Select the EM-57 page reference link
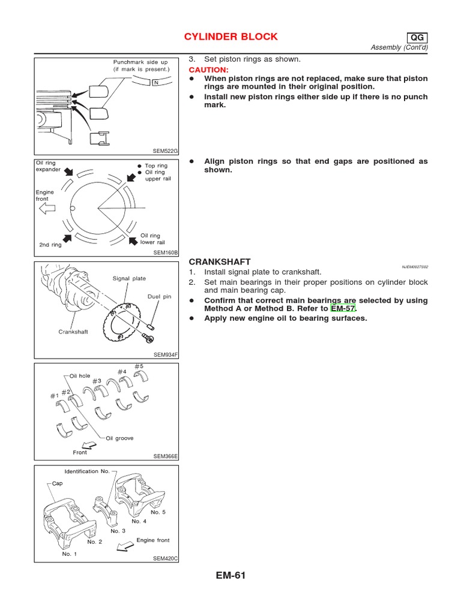click(x=343, y=309)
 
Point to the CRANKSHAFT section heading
click(x=219, y=262)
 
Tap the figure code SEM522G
click(x=166, y=151)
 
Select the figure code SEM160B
click(x=166, y=253)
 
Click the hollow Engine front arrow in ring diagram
click(x=46, y=208)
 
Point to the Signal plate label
click(x=129, y=278)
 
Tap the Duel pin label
click(x=159, y=296)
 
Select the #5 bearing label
click(x=139, y=366)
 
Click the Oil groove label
click(x=119, y=438)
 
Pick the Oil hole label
click(x=80, y=375)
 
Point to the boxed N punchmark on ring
click(x=155, y=82)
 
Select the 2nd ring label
click(x=50, y=245)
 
